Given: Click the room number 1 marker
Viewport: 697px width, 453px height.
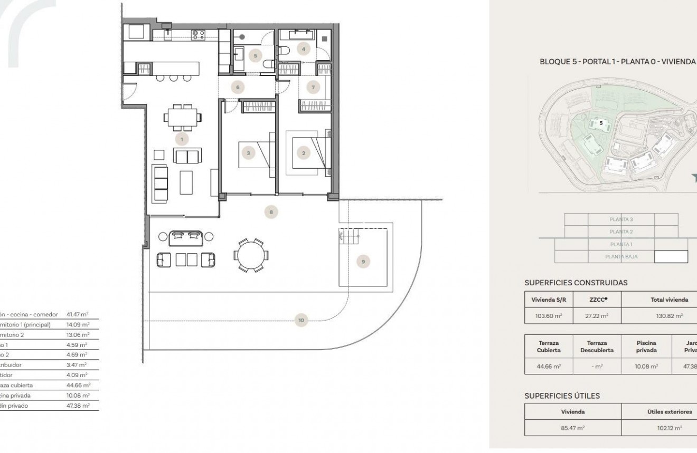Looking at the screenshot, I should [x=182, y=139].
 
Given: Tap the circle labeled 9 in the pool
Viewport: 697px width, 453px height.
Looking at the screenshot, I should [x=363, y=261].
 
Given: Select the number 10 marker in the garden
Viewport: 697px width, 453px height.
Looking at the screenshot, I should [x=301, y=320].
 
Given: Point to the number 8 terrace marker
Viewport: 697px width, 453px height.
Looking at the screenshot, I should [x=271, y=212].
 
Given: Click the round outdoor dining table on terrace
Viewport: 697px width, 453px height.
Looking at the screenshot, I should [x=251, y=256].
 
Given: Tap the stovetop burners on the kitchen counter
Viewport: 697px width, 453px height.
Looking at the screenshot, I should [x=199, y=35].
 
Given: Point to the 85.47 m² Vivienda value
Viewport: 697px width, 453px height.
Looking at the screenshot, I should [x=572, y=428].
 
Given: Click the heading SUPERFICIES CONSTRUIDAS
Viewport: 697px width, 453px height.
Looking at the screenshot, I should [x=576, y=283].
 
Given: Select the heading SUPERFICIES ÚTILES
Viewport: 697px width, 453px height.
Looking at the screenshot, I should [x=562, y=395].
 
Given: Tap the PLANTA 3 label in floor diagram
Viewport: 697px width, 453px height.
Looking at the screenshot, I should [x=621, y=219].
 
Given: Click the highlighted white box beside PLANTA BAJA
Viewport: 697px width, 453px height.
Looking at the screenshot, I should [x=671, y=257].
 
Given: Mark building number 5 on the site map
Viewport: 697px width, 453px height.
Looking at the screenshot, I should [x=600, y=123].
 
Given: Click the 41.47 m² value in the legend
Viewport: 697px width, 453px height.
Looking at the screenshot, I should [x=78, y=314].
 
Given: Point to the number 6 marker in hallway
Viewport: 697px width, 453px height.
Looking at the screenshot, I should [x=238, y=87].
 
